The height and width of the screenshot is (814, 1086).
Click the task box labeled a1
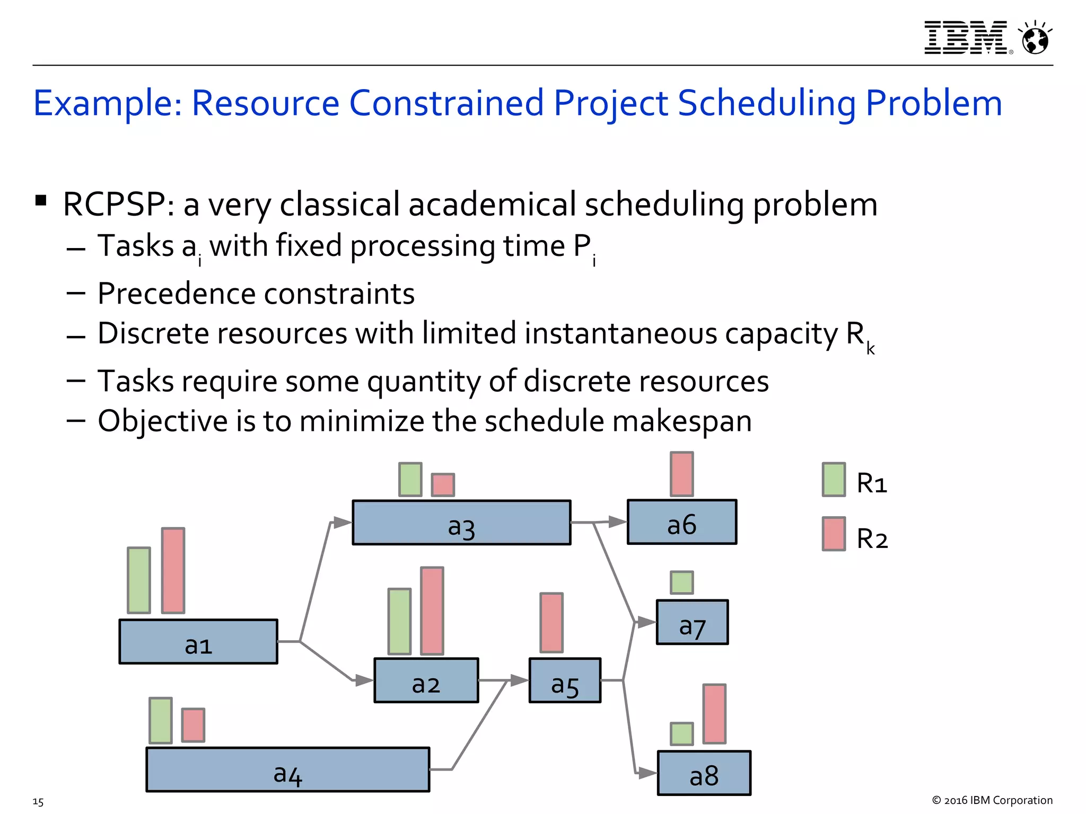(x=198, y=641)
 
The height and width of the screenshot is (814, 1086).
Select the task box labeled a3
(x=461, y=523)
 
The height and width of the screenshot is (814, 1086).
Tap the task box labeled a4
(x=287, y=769)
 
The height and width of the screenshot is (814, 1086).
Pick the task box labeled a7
(x=692, y=622)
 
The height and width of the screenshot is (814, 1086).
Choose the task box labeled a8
(x=704, y=773)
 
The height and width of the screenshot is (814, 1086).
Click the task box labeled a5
(x=565, y=680)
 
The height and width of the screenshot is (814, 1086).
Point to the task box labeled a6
(x=682, y=522)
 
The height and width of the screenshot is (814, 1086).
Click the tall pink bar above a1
(x=173, y=570)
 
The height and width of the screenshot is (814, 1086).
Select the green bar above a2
(x=399, y=621)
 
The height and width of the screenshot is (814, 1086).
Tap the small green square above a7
(x=681, y=582)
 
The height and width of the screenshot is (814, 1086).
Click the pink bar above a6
(x=681, y=474)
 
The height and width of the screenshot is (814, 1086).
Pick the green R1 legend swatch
(x=834, y=480)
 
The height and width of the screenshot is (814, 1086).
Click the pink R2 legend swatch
(x=834, y=534)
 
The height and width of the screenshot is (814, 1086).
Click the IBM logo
(x=966, y=38)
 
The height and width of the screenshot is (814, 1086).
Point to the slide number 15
(x=38, y=802)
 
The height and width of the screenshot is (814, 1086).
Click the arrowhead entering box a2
(x=364, y=680)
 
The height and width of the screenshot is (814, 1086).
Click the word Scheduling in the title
(x=767, y=103)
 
